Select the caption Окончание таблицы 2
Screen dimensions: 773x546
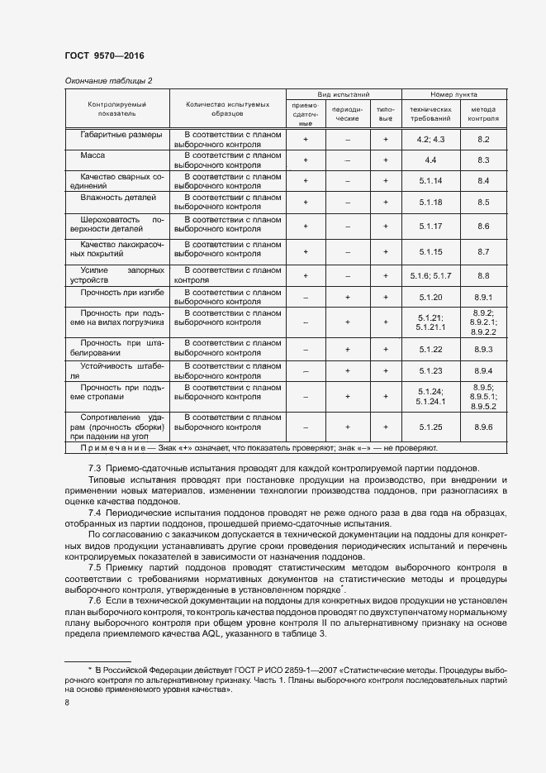[x=108, y=80]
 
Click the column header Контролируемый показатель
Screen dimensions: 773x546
[x=117, y=110]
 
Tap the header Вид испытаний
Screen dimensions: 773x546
[x=343, y=95]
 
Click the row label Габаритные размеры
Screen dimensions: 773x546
[x=121, y=134]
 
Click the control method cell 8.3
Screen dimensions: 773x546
[x=484, y=160]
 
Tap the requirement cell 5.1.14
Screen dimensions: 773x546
[x=431, y=181]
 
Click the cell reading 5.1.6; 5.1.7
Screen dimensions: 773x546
[x=431, y=275]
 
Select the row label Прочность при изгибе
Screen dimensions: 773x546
[x=121, y=293]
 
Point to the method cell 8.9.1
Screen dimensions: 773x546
[x=484, y=297]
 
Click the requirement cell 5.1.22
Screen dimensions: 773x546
[x=431, y=350]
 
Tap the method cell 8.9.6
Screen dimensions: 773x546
[x=484, y=427]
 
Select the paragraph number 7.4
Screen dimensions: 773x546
[x=95, y=513]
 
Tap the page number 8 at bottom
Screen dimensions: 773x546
[x=67, y=703]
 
